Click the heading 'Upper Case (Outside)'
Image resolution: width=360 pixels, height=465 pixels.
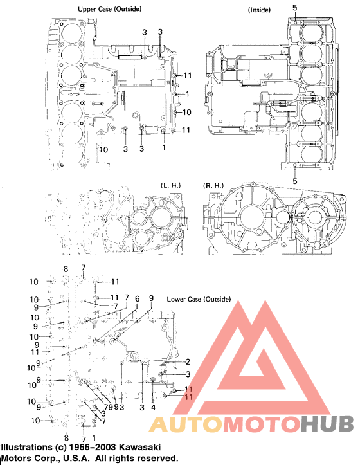pos(109,9)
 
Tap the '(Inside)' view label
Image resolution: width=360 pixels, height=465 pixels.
pos(259,10)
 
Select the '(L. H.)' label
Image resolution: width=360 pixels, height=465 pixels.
pos(171,185)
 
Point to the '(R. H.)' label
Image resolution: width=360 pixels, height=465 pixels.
pos(213,185)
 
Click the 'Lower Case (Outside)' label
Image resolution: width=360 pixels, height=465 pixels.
pos(199,299)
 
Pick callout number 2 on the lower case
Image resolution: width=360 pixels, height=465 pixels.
pos(188,361)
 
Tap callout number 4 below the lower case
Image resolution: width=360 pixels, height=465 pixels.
pos(153,408)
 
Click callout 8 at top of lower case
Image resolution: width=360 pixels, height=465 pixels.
pos(65,268)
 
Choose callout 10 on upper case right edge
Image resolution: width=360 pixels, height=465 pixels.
pos(187,113)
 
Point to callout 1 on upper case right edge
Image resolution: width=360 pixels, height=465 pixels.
pos(187,94)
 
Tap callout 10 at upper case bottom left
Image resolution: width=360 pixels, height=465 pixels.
pos(104,150)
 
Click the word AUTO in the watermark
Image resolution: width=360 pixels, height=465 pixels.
pos(183,425)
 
